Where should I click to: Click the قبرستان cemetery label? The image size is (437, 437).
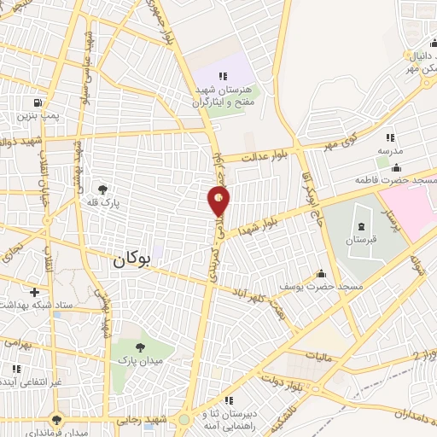[x=362, y=241]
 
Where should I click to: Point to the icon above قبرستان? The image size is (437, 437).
[x=361, y=227]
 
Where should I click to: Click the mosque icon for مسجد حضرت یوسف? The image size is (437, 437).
[x=322, y=273]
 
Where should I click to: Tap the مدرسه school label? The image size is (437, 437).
[x=390, y=150]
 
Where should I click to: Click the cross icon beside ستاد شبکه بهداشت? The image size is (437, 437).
[x=34, y=292]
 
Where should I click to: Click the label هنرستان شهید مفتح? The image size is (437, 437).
[x=223, y=94]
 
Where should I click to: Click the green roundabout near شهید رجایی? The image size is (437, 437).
[x=184, y=418]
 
